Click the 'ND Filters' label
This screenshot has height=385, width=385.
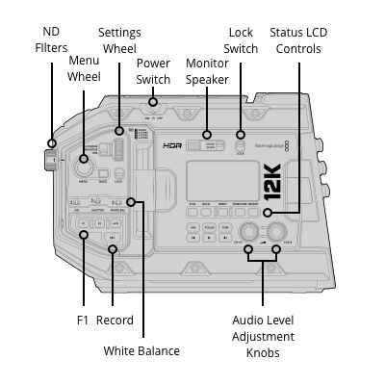51,39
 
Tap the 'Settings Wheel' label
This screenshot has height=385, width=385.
119,39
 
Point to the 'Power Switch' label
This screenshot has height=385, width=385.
152,69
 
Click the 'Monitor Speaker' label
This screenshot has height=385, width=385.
207,69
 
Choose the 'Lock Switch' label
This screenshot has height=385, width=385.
241,39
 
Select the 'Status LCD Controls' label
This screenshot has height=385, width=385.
297,39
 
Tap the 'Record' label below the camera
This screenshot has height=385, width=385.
115,320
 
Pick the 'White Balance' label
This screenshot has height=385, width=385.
141,350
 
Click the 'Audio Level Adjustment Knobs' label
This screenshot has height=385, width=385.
263,336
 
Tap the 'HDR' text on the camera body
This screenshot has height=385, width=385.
172,146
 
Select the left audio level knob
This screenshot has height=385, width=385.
249,231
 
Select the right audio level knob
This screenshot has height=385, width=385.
277,231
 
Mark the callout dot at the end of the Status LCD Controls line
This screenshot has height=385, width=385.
269,212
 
